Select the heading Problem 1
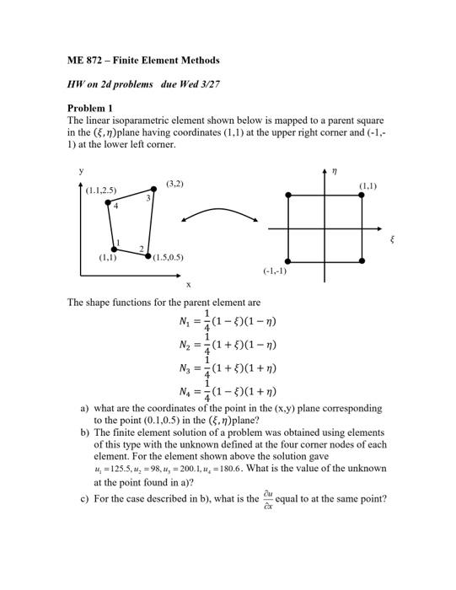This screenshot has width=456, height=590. (x=89, y=109)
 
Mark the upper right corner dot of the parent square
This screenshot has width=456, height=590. (x=362, y=196)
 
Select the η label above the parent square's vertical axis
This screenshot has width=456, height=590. (x=334, y=170)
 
